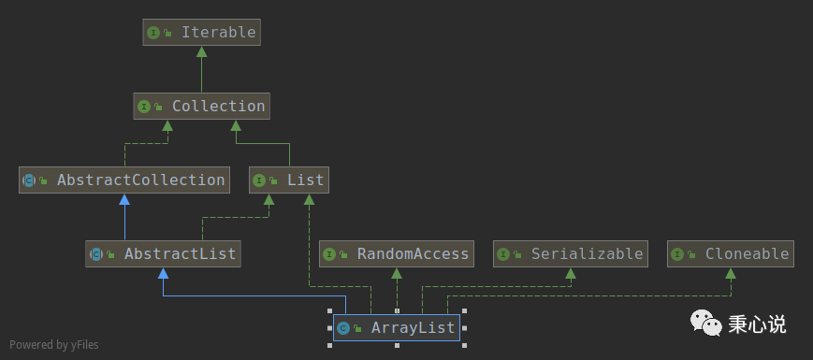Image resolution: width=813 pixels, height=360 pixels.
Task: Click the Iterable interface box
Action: pos(201,33)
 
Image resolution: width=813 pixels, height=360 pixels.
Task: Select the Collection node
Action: pos(201,107)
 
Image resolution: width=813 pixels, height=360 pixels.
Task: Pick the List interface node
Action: pos(288,180)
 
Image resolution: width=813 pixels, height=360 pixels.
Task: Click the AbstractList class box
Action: pos(163,253)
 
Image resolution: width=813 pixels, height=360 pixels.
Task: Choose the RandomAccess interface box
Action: pos(397,253)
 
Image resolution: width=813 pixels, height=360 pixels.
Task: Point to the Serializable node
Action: pos(571,253)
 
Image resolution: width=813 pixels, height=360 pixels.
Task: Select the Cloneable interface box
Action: pos(732,253)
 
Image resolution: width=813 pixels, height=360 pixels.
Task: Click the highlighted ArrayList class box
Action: pos(397,327)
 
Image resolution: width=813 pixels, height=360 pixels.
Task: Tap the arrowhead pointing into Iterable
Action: pos(201,51)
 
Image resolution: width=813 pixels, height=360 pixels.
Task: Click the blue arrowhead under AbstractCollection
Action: pos(124,199)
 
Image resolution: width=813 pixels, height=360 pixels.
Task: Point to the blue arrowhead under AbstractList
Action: pos(163,273)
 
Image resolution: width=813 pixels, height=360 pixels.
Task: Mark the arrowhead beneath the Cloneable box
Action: pos(732,273)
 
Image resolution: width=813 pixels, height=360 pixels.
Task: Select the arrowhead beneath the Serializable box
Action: pos(571,273)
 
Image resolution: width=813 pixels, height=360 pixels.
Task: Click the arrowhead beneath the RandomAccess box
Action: pos(397,273)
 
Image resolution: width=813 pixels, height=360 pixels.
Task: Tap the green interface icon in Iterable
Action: pos(152,33)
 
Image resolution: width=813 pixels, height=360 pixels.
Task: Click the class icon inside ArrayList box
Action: pos(343,327)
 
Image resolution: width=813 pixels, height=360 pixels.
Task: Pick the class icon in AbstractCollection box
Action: pos(29,180)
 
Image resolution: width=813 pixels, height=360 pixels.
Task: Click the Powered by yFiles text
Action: pos(53,345)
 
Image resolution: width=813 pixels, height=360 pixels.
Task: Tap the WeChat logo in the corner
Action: pos(706,324)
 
